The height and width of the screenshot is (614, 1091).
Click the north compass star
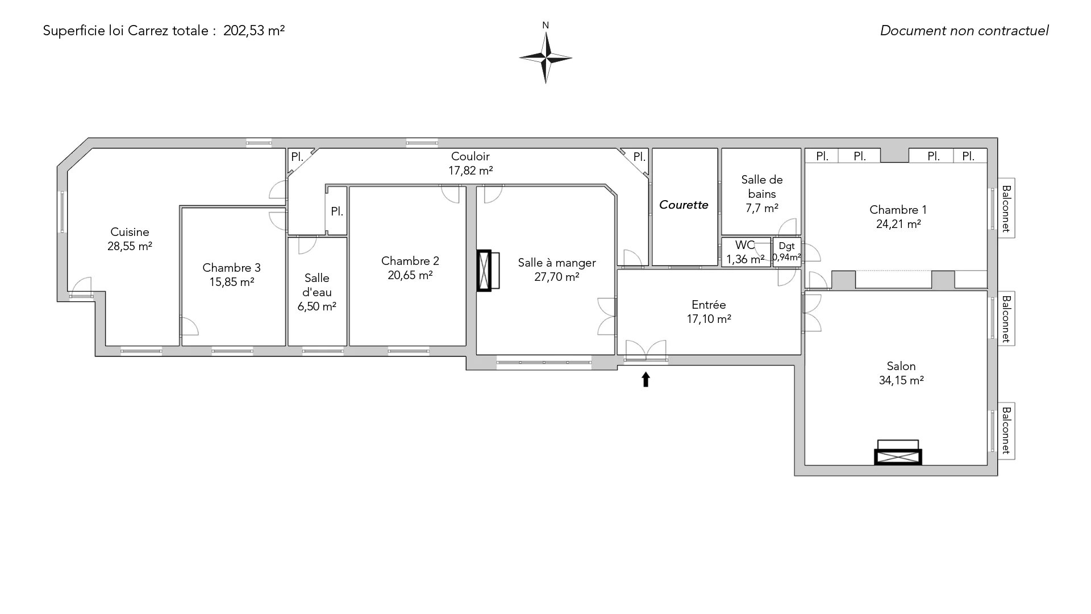pyautogui.click(x=545, y=57)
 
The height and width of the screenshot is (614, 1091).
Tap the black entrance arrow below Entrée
pyautogui.click(x=646, y=379)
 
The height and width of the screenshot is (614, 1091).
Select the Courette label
pyautogui.click(x=684, y=205)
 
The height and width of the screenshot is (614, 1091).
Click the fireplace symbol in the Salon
pyautogui.click(x=898, y=453)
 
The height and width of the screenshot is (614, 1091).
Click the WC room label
pyautogui.click(x=745, y=245)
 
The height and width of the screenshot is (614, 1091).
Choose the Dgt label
pyautogui.click(x=787, y=246)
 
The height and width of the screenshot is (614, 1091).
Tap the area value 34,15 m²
pyautogui.click(x=901, y=380)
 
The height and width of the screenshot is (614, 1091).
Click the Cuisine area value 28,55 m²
pyautogui.click(x=130, y=246)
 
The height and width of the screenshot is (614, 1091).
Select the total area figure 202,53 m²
pyautogui.click(x=254, y=31)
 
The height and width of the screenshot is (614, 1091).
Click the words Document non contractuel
pyautogui.click(x=964, y=31)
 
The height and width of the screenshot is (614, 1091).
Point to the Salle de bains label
pyautogui.click(x=762, y=186)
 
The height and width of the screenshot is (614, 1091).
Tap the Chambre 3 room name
pyautogui.click(x=231, y=268)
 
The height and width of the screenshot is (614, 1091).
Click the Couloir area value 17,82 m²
pyautogui.click(x=470, y=170)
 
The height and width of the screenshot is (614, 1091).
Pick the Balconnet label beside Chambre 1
pyautogui.click(x=1006, y=208)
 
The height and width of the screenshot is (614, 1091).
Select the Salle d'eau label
pyautogui.click(x=317, y=285)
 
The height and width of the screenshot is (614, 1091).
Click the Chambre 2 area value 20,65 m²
pyautogui.click(x=410, y=275)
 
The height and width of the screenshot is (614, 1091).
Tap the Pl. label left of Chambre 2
pyautogui.click(x=337, y=211)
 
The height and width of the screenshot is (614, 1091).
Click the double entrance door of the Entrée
pyautogui.click(x=646, y=350)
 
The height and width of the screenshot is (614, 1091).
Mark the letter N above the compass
pyautogui.click(x=545, y=25)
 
